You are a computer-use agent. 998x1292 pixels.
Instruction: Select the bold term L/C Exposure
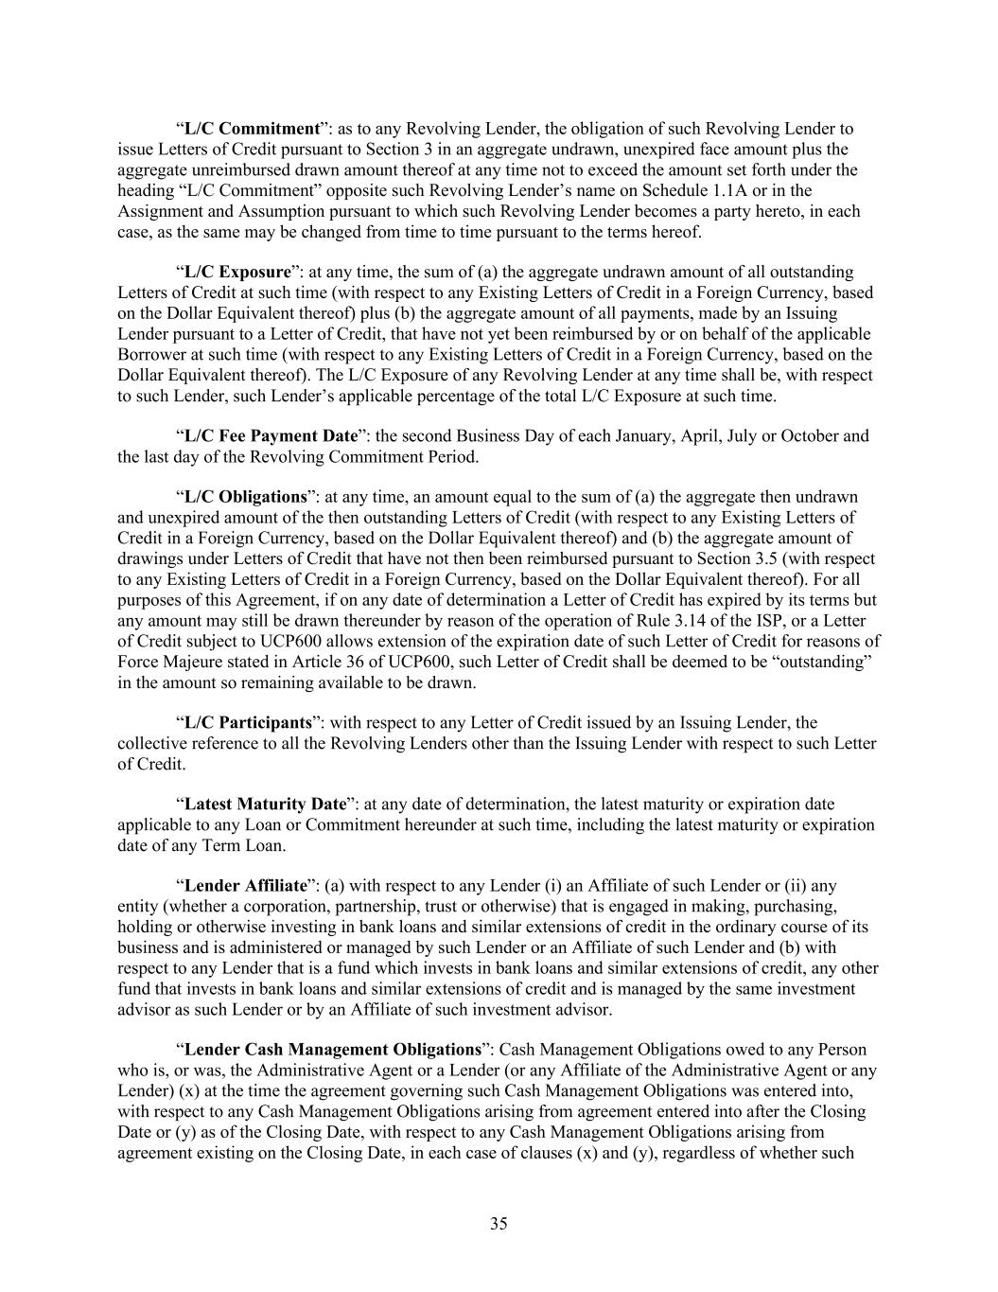236,273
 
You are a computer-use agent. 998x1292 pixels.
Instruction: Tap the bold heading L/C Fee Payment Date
271,436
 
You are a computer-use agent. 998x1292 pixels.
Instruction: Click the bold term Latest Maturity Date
265,805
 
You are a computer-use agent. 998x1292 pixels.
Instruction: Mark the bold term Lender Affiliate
245,887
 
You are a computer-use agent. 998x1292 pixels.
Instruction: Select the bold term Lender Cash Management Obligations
332,1050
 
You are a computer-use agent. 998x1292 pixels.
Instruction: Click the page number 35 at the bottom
499,1224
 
